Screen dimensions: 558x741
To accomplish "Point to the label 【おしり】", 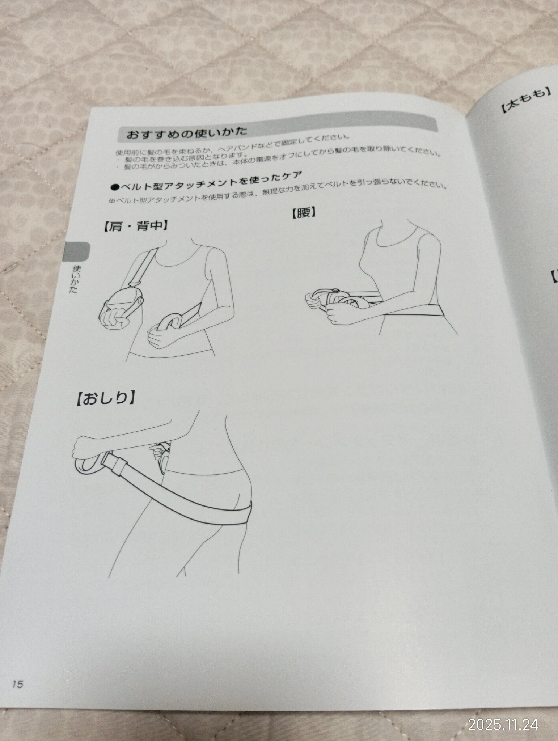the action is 106,398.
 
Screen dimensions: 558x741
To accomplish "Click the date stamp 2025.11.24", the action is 503,714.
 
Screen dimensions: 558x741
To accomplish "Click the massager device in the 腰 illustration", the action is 334,299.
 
